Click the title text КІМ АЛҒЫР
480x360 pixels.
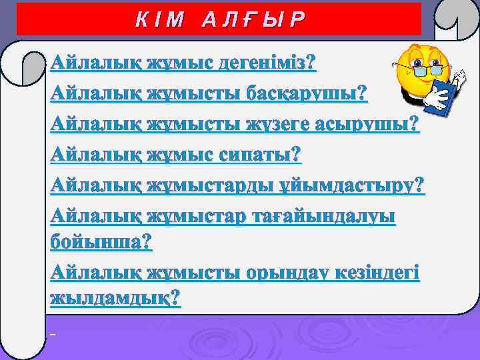tap(218, 19)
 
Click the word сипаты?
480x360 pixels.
tap(261, 155)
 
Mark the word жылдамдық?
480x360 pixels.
tap(115, 297)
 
